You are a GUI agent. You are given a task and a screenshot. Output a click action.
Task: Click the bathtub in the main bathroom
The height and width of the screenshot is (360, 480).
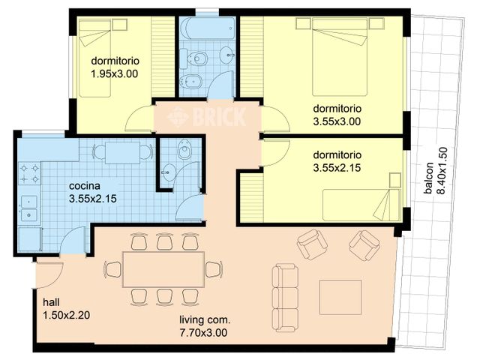(208, 28)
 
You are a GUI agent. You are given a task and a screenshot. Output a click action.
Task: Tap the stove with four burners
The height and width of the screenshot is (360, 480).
(29, 173)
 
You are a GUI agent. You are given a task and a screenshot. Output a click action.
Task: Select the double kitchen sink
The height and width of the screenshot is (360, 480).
(29, 208)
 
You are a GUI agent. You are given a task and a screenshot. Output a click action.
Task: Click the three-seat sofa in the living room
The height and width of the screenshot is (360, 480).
(285, 298)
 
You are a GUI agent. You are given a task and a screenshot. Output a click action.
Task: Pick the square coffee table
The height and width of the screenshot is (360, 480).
(340, 297)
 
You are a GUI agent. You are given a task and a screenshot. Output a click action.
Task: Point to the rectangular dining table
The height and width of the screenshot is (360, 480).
(163, 269)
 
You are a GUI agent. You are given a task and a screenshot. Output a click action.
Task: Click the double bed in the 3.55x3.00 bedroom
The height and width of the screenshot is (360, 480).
(340, 57)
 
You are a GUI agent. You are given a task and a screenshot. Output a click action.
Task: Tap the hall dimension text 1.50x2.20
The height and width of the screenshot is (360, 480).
(67, 315)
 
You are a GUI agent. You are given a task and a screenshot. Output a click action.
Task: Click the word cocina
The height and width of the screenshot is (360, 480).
(85, 186)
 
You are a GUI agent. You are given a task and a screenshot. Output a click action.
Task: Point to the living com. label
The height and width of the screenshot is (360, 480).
(205, 320)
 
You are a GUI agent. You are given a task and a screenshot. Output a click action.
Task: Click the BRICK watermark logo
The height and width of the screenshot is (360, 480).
(207, 116)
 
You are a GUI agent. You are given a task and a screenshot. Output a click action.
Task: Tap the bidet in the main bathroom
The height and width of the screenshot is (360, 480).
(191, 81)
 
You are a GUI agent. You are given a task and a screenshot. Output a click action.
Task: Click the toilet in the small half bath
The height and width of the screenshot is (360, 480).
(184, 149)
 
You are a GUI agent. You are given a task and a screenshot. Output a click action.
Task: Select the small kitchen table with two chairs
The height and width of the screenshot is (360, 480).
(122, 152)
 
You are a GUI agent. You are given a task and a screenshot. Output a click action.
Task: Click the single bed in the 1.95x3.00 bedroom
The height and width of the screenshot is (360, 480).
(95, 58)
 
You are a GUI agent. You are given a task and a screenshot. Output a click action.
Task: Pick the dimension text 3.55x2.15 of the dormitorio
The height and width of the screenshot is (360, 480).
(337, 168)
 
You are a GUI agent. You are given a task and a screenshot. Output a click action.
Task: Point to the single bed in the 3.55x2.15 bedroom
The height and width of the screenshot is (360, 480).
(361, 205)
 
